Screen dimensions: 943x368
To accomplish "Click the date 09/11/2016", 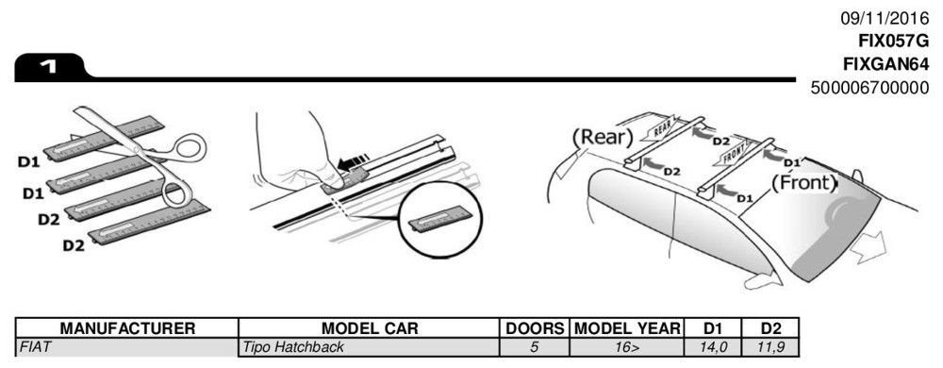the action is pos(885,18).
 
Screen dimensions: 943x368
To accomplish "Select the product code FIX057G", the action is pos(894,41).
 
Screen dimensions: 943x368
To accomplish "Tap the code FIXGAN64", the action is pos(886,64).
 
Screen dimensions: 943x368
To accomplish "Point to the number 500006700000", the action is pos(869,87).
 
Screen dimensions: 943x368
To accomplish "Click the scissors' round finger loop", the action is pos(190,148).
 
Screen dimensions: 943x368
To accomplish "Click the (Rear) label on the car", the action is pos(603,137).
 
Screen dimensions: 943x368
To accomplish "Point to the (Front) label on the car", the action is pos(803,183).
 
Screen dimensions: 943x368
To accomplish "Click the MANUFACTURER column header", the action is pos(127,328).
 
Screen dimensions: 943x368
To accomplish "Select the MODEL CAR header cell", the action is pos(370,328).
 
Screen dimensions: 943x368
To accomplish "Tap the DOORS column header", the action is pos(535,328).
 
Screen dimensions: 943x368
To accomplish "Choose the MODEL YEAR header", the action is pos(627,328).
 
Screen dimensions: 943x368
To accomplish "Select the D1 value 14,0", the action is pos(713,347).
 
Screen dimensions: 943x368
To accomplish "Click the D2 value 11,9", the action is pos(770,347).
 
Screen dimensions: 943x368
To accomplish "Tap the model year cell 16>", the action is pos(627,347).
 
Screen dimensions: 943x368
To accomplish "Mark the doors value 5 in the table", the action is pos(535,347).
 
